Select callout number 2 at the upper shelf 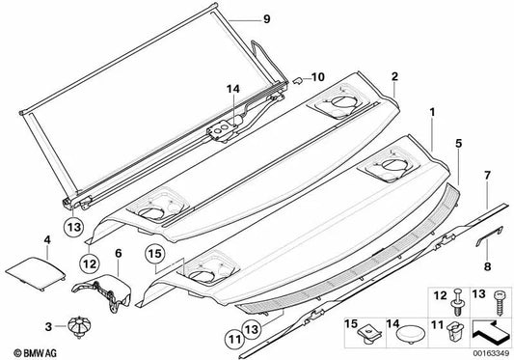pyautogui.click(x=394, y=75)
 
